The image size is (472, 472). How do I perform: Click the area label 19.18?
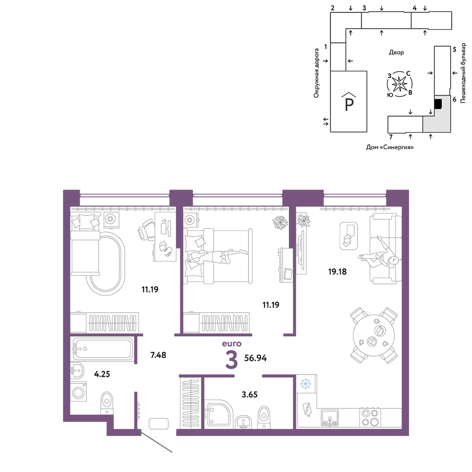337,272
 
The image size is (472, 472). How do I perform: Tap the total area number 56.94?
255,358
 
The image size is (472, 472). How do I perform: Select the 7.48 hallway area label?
158,355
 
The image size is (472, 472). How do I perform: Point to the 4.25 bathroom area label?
102,374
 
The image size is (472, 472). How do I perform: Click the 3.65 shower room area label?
250,394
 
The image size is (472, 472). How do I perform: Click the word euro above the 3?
232,344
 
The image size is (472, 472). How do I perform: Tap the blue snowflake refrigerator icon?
306,384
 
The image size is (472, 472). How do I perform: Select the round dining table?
374,335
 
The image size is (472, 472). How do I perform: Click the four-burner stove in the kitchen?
370,418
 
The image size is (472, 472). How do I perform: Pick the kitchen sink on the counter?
329,418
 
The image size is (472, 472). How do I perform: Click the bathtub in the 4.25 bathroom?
102,349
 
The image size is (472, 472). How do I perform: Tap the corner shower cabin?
219,414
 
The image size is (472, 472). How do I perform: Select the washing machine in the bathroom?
78,392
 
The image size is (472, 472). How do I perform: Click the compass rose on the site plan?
399,84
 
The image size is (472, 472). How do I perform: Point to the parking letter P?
349,105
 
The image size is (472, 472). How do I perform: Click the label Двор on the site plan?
396,52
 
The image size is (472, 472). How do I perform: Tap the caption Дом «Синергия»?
390,147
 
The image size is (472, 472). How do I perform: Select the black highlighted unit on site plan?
438,104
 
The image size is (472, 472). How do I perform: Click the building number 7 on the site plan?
391,137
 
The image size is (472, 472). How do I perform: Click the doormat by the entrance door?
159,423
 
